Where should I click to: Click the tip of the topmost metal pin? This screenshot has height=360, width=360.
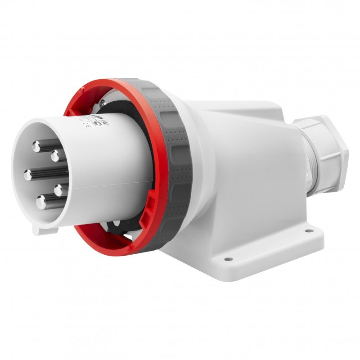(x=36, y=145)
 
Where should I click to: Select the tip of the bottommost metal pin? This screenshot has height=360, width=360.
(x=41, y=202)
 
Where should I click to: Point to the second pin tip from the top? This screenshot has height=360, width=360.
(x=55, y=156)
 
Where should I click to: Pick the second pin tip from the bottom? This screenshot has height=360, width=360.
(x=58, y=189)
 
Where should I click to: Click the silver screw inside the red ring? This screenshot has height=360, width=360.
(x=103, y=103)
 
